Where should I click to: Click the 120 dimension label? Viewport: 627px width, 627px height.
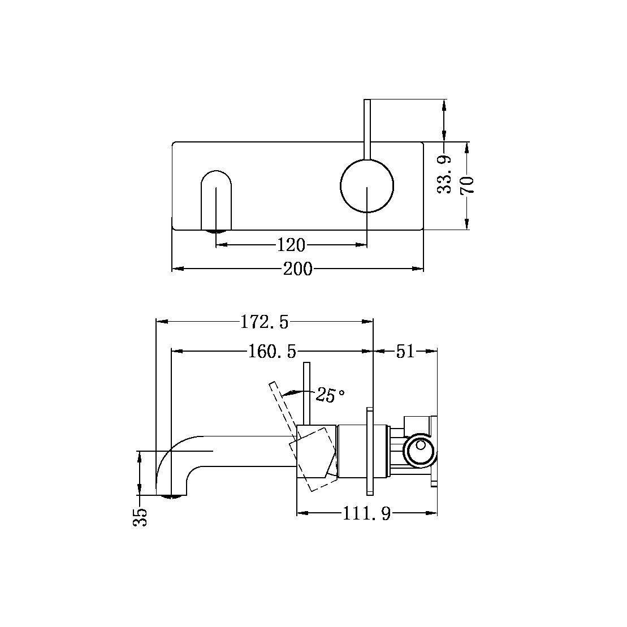[x=291, y=245]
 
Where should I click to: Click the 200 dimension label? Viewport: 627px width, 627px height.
[x=297, y=269]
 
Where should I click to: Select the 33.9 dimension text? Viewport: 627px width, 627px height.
[x=446, y=175]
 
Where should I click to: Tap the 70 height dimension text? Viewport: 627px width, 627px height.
[x=468, y=185]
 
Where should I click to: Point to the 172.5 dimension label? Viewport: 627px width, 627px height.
[x=264, y=322]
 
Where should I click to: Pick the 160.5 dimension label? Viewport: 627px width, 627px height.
[x=272, y=352]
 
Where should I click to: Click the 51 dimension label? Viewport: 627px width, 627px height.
[x=405, y=352]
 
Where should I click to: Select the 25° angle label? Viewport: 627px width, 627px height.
[x=330, y=395]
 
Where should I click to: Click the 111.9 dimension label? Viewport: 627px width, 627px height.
[x=366, y=514]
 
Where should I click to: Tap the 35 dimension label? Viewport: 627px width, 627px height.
[x=141, y=517]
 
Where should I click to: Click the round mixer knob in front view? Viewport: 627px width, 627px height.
[x=367, y=186]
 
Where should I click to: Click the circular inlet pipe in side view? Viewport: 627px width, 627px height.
[x=420, y=451]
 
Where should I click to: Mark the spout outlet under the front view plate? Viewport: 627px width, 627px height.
[x=217, y=231]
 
